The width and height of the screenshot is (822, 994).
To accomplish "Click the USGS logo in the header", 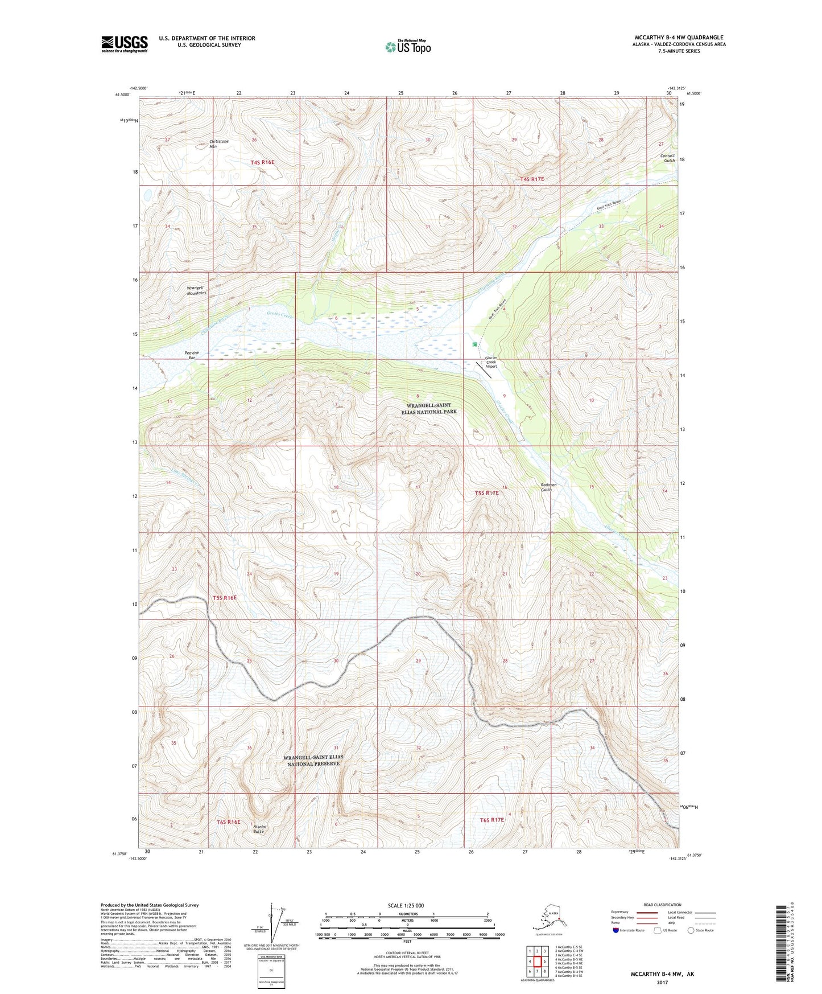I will pos(124,44).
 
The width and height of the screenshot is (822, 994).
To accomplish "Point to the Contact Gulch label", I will pos(667,158).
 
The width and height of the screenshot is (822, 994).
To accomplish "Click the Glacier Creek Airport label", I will pos(491,362).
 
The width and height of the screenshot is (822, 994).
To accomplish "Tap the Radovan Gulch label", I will pos(548,487).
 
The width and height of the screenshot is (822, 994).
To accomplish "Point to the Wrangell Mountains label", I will pos(196,290).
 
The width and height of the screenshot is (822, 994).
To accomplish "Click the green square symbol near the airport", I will pos(474,344).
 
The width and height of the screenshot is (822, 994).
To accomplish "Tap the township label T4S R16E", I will pos(262,162).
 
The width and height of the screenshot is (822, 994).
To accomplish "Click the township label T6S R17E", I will pos(492,820).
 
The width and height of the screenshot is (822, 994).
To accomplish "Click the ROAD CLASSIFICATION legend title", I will pos(663,905).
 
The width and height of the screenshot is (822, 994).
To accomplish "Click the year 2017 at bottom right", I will pos(662,982).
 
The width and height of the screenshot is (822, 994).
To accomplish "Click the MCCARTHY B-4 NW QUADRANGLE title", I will pos(679,38).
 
